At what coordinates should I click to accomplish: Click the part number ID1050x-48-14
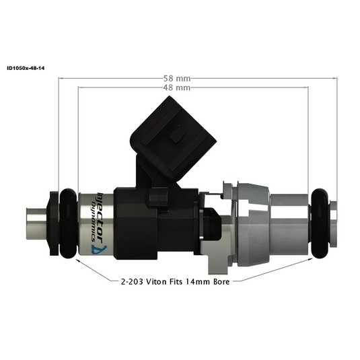[25, 68]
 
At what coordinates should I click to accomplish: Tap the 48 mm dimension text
[180, 88]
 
